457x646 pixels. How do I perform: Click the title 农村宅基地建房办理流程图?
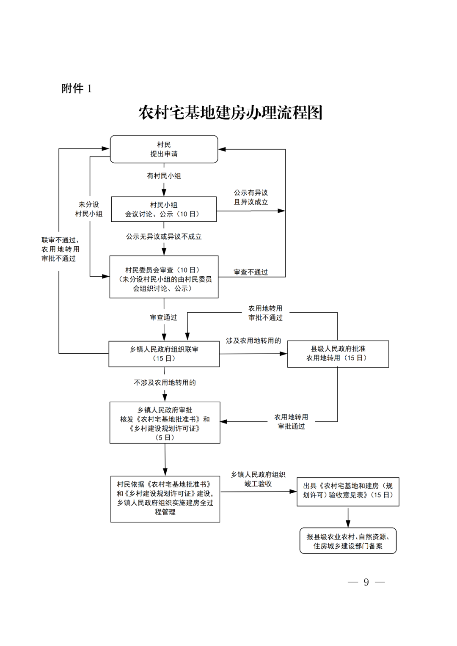coord(231,113)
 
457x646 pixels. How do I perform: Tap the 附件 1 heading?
coord(77,88)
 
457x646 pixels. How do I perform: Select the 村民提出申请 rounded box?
coord(164,149)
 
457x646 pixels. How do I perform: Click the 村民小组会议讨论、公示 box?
coord(164,209)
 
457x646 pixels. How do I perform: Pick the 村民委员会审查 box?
coord(164,277)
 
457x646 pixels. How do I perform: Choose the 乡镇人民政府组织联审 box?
coord(164,354)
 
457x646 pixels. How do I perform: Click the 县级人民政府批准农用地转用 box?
coord(338,354)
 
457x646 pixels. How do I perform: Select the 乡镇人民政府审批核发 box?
coord(165,423)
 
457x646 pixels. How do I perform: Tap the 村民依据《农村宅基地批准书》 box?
coord(165,498)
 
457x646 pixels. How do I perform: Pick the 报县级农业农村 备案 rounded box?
coord(348,541)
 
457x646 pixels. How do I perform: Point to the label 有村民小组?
coord(164,176)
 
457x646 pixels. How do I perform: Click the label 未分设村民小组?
coord(89,209)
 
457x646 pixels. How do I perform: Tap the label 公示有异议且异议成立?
coord(251,198)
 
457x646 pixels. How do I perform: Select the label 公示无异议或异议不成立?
coord(164,237)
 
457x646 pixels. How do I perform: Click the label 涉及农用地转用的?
coord(253,341)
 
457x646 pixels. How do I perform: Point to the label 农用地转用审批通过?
coord(291,422)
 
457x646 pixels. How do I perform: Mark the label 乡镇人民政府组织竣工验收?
coord(258,479)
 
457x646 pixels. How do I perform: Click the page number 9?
coord(366,583)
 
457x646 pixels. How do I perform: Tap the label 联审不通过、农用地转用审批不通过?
coord(60,249)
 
